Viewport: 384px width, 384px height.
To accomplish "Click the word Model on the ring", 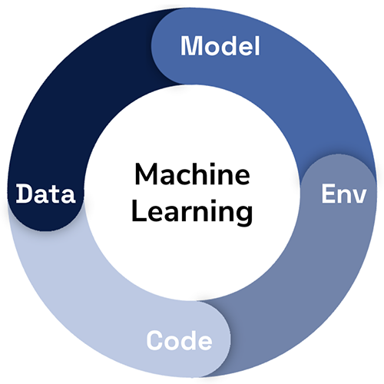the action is [220, 46].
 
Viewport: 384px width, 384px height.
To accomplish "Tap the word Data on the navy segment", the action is [45, 194].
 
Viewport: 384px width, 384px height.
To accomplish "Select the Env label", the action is [344, 194].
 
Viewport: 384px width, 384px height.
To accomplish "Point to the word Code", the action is [179, 340].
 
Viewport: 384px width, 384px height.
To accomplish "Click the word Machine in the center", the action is [192, 174].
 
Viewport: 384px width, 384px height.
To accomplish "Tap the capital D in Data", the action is [25, 194].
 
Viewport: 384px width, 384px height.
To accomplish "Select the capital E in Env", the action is [328, 194].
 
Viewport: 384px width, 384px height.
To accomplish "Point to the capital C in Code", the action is [155, 340].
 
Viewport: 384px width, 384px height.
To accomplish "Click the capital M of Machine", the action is [147, 174].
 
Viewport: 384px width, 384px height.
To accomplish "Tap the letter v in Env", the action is [359, 196].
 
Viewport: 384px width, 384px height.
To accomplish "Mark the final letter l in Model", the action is [258, 46].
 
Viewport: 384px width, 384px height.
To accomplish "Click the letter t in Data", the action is [55, 194].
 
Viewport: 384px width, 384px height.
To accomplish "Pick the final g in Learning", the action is [244, 216].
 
